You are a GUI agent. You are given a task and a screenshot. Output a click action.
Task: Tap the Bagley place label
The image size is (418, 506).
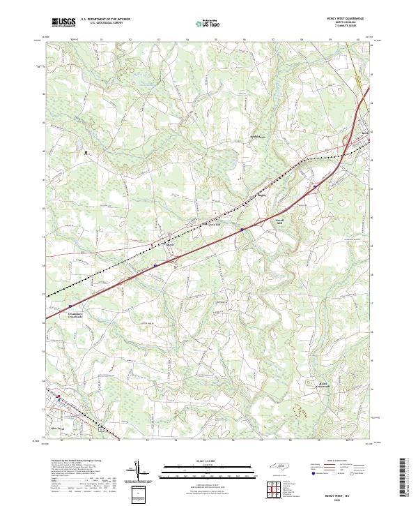(263, 196)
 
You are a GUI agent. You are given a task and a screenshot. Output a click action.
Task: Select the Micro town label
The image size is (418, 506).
(169, 244)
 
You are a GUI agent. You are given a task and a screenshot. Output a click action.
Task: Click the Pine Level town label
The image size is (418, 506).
(57, 429)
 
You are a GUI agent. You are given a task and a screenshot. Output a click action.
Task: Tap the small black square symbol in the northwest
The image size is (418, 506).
(87, 151)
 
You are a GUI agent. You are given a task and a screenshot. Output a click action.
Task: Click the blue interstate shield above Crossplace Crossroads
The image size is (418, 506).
(70, 306)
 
